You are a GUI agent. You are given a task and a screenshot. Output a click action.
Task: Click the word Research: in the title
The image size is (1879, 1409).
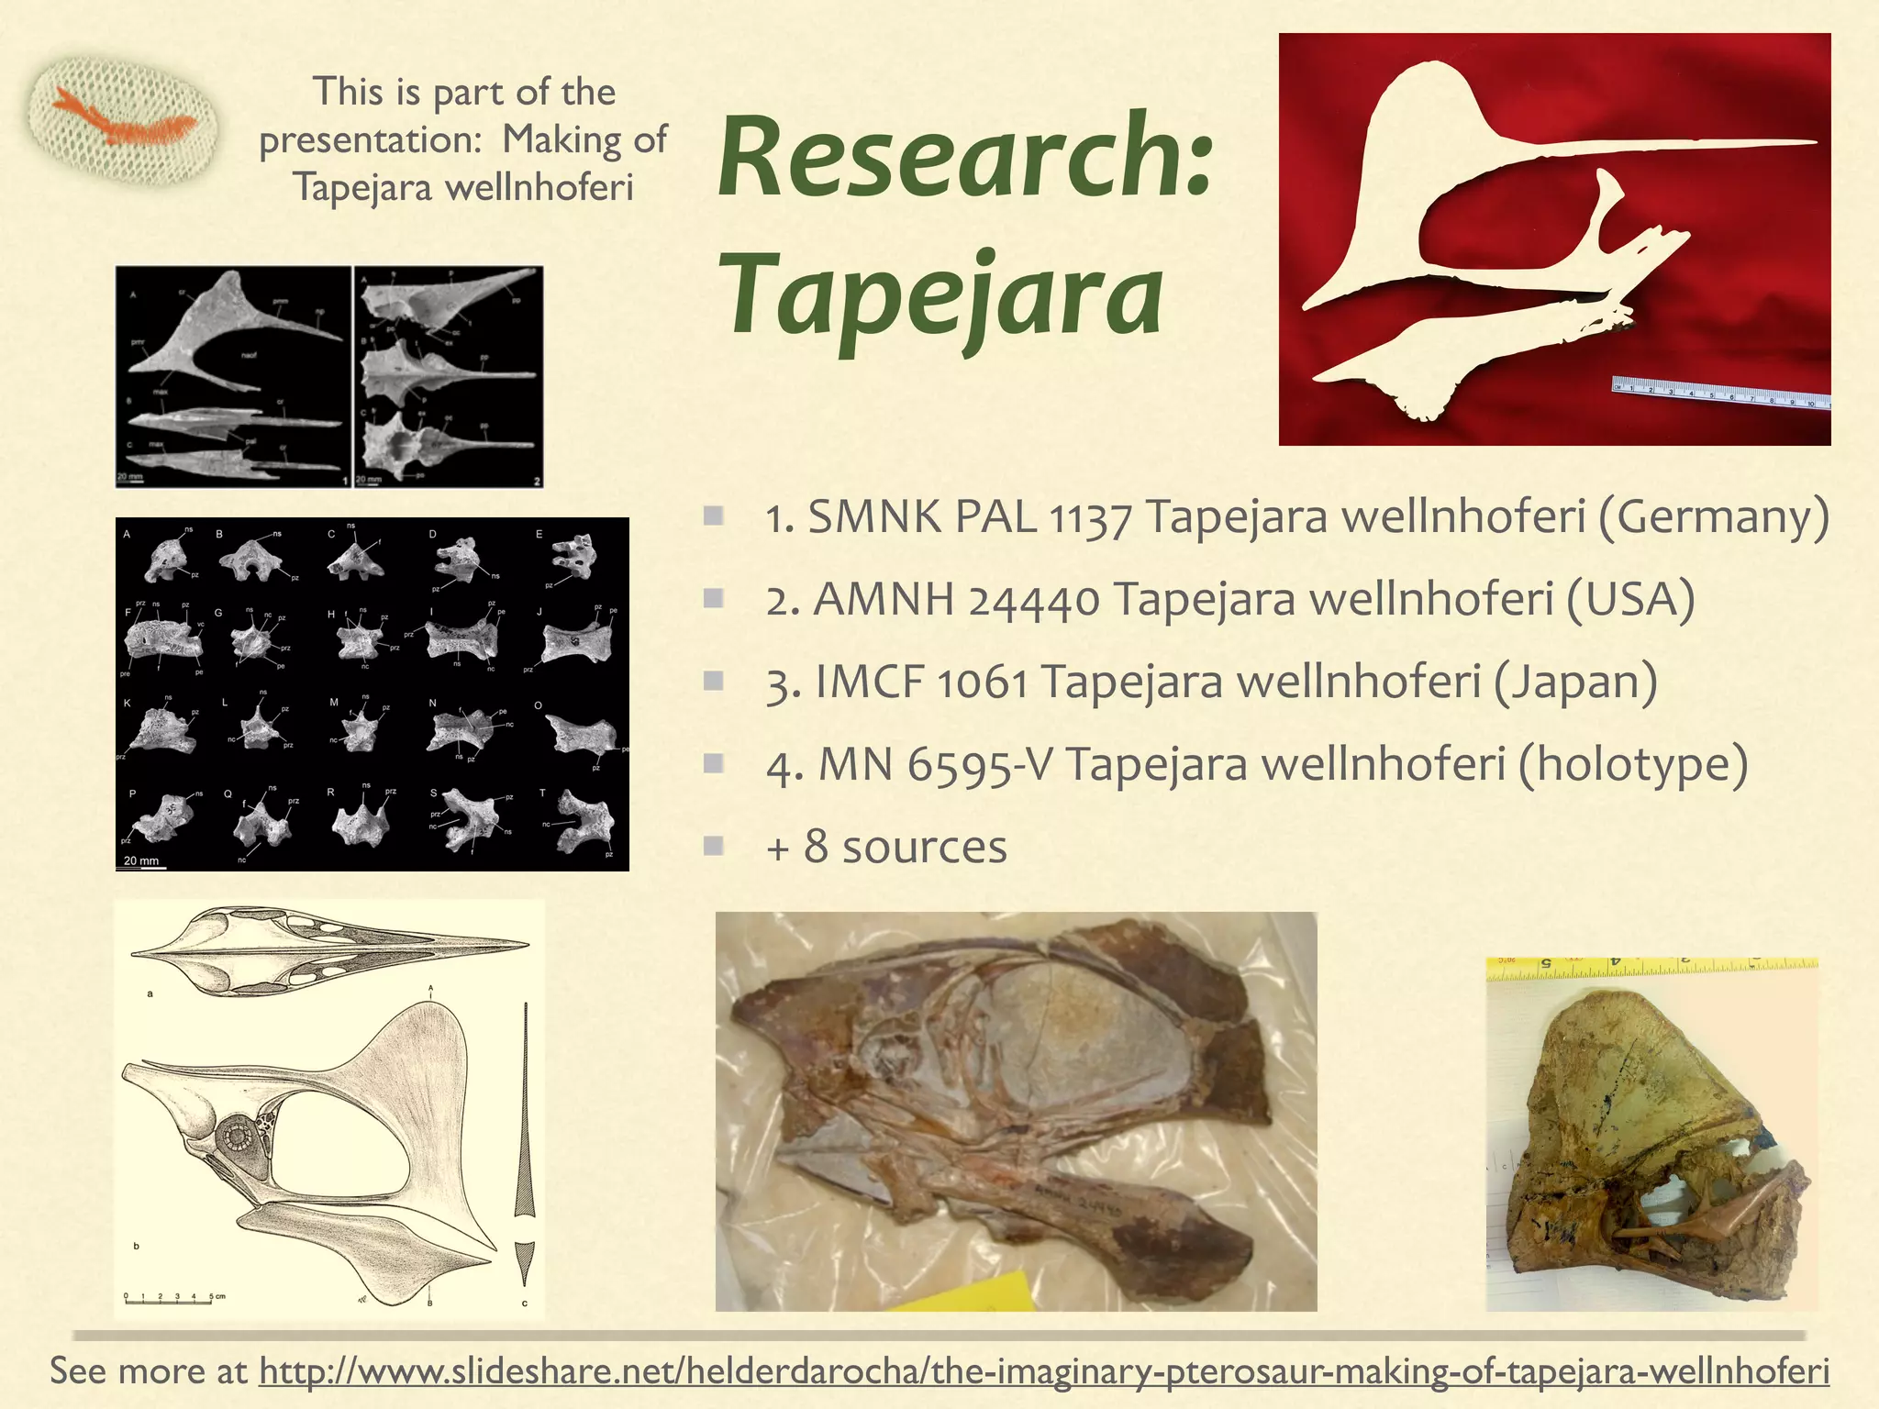[965, 158]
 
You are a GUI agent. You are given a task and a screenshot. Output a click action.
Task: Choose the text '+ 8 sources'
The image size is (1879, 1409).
[886, 847]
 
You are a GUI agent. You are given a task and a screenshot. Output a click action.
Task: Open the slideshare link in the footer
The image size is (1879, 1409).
[1044, 1371]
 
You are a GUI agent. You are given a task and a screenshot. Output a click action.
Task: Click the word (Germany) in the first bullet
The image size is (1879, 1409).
[1713, 517]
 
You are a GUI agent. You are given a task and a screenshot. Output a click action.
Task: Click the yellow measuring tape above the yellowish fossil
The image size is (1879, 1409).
[1651, 966]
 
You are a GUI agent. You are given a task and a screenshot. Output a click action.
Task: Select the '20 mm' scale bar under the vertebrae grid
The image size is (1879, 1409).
[144, 862]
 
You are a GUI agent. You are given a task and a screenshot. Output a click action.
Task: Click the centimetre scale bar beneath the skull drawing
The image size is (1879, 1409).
[171, 1299]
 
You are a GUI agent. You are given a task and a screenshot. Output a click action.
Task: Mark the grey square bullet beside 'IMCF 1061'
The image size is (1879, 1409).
[714, 681]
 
